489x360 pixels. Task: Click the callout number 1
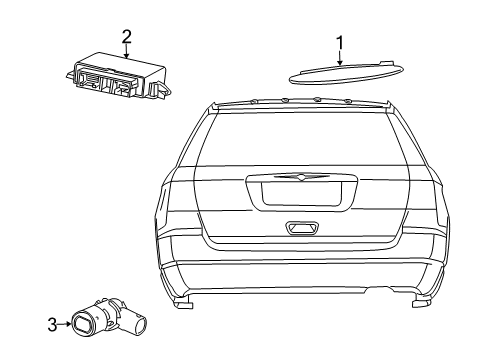pos(339,42)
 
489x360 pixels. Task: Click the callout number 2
pos(127,37)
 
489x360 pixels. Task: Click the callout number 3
pos(52,322)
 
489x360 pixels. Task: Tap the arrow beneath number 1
pos(339,59)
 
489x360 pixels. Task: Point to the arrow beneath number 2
pos(127,53)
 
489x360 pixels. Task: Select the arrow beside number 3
pos(65,322)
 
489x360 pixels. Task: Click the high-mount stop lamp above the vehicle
pos(339,75)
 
